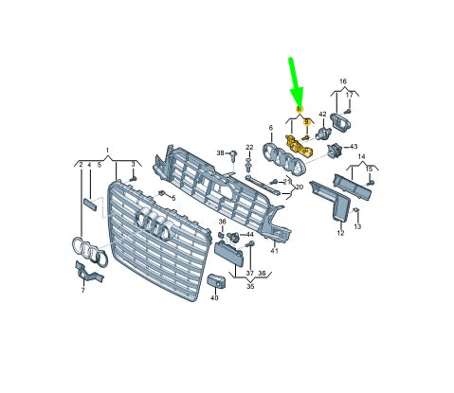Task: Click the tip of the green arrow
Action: coord(299,104)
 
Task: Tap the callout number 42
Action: coord(322,115)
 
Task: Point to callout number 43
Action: coord(353,147)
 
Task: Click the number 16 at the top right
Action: coord(343,81)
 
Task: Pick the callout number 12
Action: coord(339,233)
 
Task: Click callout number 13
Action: coord(358,227)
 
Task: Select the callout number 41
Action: coord(274,251)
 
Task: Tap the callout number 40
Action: coord(214,297)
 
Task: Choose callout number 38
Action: coord(220,152)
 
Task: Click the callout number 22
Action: coord(249,148)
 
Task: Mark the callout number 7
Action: coord(82,290)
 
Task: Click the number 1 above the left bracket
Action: coord(107,150)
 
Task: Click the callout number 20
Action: coord(300,188)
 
